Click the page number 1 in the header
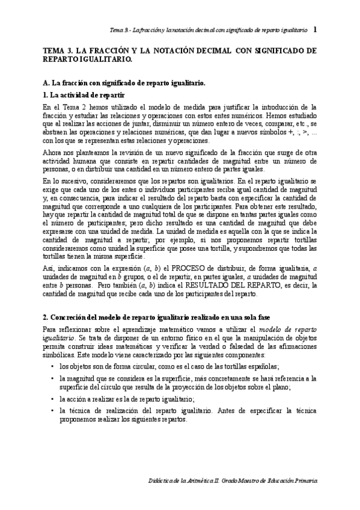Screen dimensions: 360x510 316,29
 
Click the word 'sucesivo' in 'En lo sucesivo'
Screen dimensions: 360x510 75,180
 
